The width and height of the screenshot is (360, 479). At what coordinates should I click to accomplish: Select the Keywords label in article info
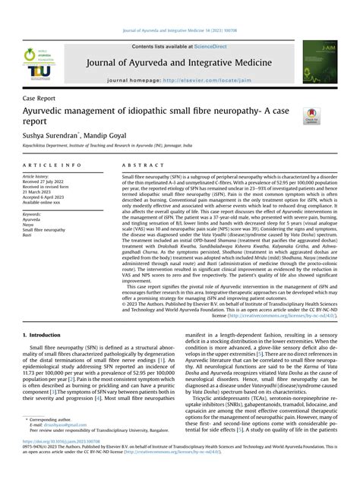tap(35, 215)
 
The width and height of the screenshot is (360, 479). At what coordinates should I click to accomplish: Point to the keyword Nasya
tap(31, 225)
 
